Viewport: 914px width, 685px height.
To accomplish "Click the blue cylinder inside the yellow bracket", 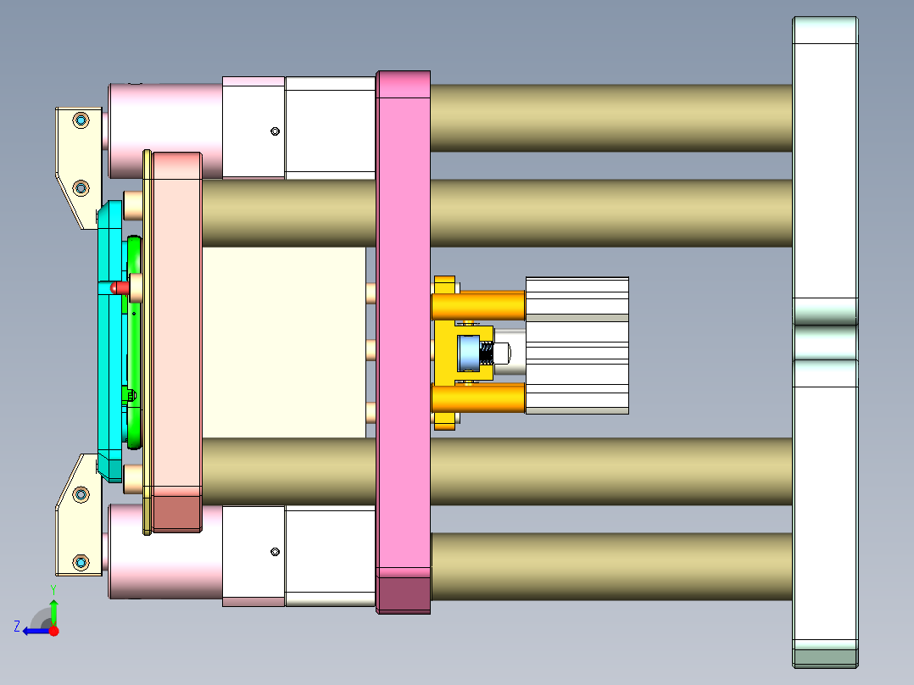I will (468, 353).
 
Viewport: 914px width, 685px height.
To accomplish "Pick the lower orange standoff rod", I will (478, 398).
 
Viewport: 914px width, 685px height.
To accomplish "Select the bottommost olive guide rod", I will (610, 566).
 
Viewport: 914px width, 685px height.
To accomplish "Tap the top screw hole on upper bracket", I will (81, 120).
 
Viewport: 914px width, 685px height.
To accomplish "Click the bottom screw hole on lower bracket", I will (81, 562).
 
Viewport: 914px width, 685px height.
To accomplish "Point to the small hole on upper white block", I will (275, 131).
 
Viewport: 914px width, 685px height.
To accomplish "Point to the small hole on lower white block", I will (275, 552).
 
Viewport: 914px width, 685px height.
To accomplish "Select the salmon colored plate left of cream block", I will (176, 339).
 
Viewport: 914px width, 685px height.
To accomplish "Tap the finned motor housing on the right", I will (577, 345).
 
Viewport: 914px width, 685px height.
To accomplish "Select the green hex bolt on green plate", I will (129, 394).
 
